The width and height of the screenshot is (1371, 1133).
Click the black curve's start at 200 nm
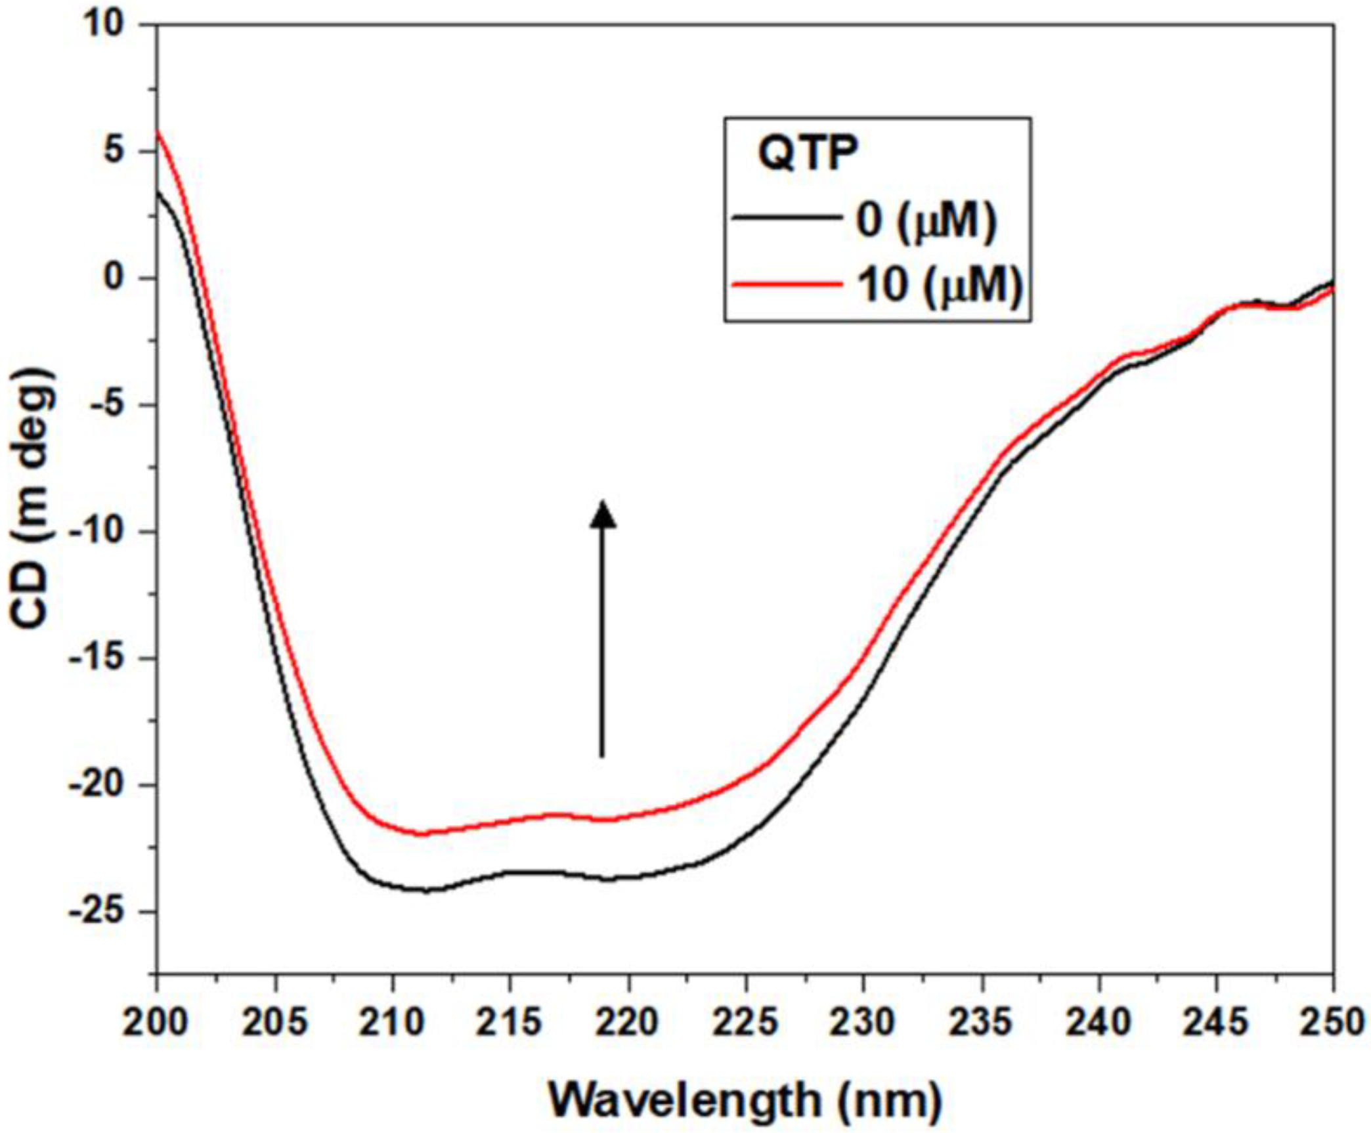coord(158,192)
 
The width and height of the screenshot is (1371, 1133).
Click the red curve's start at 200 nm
coord(158,132)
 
